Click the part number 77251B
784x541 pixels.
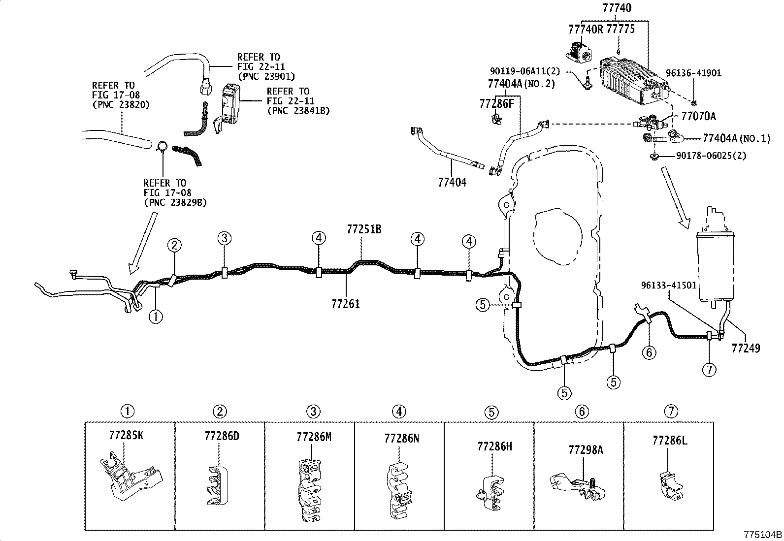[364, 229]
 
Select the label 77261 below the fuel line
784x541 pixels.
[345, 304]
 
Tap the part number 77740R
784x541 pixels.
[586, 29]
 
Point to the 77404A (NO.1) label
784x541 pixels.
[736, 139]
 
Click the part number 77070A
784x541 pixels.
[698, 117]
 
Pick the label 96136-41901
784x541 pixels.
[693, 73]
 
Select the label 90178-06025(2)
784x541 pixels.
[711, 156]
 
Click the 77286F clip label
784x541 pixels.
[496, 103]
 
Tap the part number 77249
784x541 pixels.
[746, 349]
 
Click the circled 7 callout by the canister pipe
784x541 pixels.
[709, 370]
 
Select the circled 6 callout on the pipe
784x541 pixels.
[649, 352]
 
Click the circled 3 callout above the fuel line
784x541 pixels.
[224, 239]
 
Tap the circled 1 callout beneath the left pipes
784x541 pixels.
[156, 317]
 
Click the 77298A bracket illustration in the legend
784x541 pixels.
[576, 485]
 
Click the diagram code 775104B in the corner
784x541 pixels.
[762, 535]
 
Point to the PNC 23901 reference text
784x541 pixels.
[266, 76]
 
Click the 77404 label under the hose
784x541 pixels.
[452, 183]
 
